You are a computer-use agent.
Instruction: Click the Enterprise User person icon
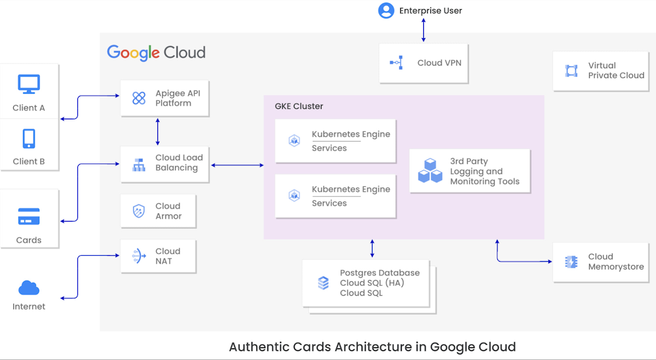(386, 10)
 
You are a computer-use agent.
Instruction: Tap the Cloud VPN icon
(396, 63)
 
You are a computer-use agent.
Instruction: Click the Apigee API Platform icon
(139, 98)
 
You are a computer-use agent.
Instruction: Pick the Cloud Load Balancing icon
(139, 164)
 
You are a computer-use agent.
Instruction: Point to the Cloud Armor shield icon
(139, 211)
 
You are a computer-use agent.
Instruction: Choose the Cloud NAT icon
(139, 256)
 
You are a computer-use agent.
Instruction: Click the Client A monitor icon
(29, 84)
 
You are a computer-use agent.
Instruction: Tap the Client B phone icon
(29, 138)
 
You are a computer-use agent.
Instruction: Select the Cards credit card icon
(29, 216)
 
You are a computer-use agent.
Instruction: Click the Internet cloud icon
(29, 288)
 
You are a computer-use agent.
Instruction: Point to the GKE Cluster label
(298, 106)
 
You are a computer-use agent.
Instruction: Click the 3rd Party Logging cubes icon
(430, 170)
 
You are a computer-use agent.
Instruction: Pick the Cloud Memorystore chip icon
(571, 262)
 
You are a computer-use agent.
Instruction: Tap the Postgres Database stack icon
(323, 283)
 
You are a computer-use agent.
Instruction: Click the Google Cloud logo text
(156, 52)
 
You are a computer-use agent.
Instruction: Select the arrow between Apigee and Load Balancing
(157, 131)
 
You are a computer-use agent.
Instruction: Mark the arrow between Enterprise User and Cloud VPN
(424, 30)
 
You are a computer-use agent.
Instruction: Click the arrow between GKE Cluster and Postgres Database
(373, 249)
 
